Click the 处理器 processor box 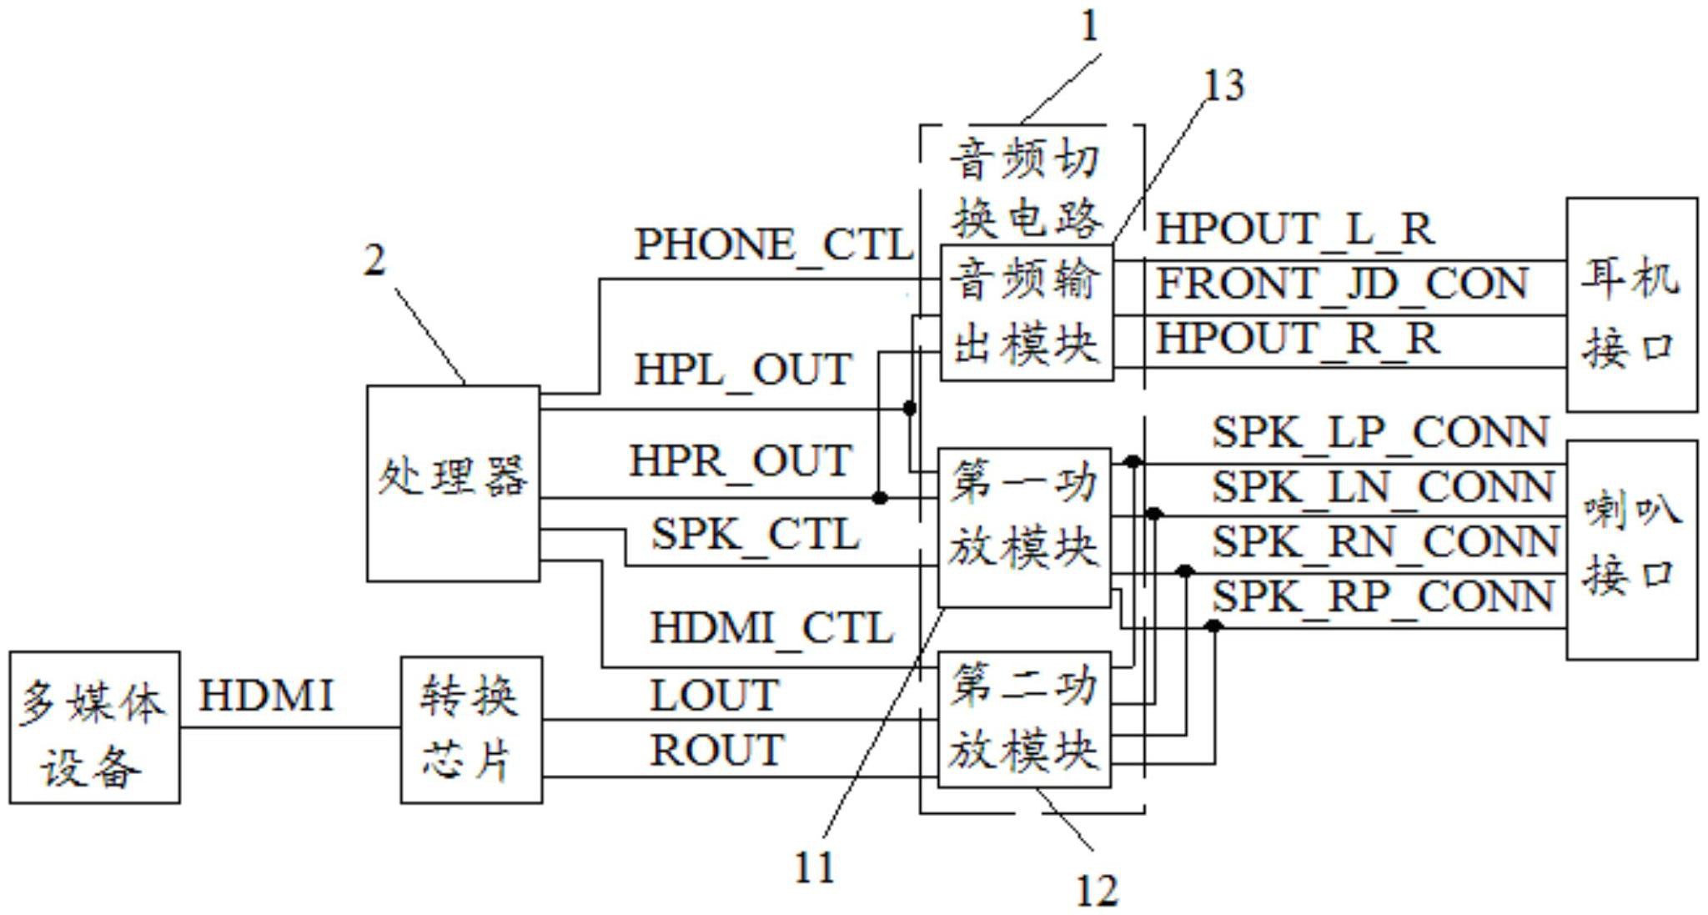[x=453, y=482]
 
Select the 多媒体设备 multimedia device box [x=94, y=727]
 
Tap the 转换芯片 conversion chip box [x=471, y=729]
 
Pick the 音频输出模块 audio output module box [x=1027, y=313]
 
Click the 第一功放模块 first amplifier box [x=1025, y=526]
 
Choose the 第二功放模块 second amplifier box [x=1025, y=719]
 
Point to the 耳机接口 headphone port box [x=1631, y=304]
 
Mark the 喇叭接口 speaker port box [x=1631, y=550]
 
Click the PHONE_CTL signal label [x=773, y=245]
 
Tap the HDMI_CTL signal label [x=771, y=628]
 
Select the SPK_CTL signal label [x=755, y=535]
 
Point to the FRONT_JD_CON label [x=1341, y=284]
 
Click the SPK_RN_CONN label [x=1384, y=542]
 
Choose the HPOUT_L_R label [x=1294, y=229]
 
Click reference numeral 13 [x=1223, y=86]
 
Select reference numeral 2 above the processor [x=375, y=261]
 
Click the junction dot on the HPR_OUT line [x=879, y=498]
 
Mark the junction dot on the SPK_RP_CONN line [x=1213, y=626]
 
